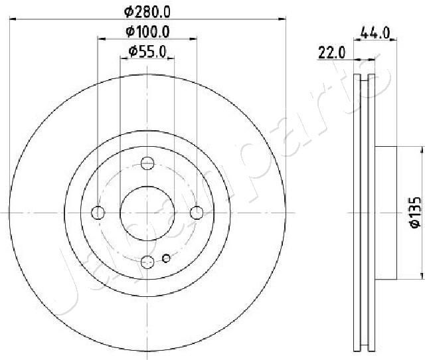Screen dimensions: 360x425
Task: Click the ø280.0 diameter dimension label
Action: [149, 11]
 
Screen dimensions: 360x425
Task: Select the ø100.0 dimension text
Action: [149, 31]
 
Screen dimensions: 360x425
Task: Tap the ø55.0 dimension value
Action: [147, 51]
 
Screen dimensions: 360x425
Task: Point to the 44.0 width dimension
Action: [374, 31]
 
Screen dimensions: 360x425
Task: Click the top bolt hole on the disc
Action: [148, 163]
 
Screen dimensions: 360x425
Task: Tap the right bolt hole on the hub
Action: [197, 212]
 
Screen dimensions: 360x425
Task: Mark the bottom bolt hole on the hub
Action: [148, 262]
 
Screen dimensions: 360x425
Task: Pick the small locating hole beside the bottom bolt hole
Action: [167, 258]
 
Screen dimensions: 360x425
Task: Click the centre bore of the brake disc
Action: [147, 212]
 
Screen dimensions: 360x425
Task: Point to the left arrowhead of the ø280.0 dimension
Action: [14, 20]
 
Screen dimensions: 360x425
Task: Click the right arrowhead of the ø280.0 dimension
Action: [282, 20]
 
